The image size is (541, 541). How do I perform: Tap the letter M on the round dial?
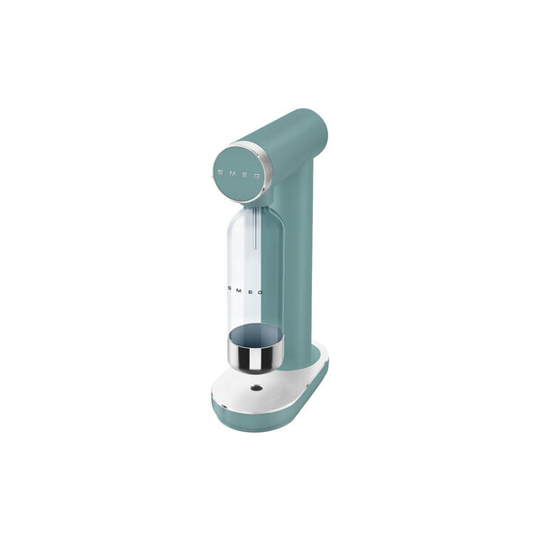tap(233, 173)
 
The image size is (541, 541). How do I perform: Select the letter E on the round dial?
tap(245, 175)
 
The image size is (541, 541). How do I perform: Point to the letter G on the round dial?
tap(257, 177)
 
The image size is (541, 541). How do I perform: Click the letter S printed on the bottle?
tap(229, 288)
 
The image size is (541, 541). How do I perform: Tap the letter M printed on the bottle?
tap(239, 289)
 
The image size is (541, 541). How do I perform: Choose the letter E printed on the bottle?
tap(250, 291)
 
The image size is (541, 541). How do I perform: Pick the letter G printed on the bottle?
tap(261, 292)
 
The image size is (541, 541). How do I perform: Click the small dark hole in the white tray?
tap(256, 388)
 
